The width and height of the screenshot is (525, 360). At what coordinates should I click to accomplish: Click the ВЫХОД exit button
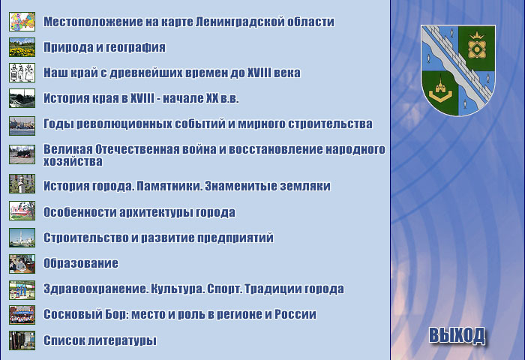point(457,335)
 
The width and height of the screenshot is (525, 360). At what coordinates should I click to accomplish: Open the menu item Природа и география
point(104,47)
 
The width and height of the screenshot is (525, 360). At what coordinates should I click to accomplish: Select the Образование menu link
point(81,263)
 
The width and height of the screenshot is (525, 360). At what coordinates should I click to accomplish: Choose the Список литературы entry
point(100,340)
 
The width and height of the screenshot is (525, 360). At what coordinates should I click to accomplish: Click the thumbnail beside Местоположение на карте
point(22,22)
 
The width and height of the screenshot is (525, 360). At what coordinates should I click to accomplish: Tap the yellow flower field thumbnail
point(22,47)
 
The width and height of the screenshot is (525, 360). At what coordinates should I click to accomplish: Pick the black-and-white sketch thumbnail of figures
point(22,73)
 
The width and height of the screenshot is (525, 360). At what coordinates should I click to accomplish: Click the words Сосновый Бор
point(86,314)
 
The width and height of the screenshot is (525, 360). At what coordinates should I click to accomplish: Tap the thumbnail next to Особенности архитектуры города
point(22,211)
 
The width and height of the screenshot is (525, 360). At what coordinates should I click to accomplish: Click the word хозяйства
point(73,161)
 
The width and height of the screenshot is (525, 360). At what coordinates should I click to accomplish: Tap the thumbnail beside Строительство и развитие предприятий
point(22,238)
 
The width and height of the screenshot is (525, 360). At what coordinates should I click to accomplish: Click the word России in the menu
point(295,314)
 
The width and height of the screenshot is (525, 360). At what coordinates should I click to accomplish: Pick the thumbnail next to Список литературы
point(22,340)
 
